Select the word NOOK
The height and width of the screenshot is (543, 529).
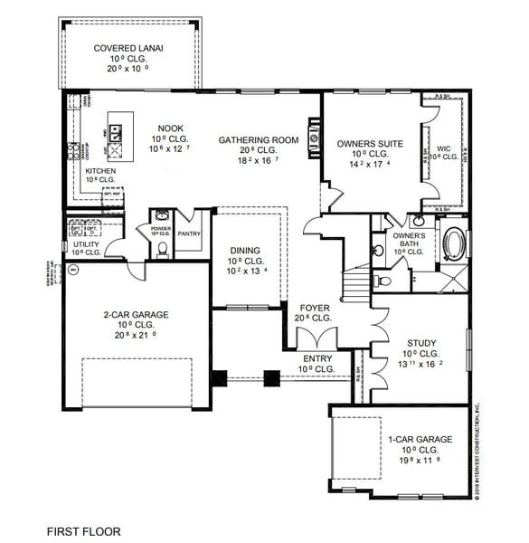click(171, 129)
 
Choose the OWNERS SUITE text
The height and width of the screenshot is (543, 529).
click(369, 143)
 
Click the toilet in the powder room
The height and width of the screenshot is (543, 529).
click(163, 248)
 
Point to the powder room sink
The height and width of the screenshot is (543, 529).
click(161, 216)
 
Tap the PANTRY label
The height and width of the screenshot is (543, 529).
click(189, 233)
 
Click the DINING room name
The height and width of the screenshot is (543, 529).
click(244, 251)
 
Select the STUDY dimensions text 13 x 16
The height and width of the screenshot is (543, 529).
click(421, 364)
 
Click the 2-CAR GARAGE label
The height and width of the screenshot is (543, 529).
click(137, 314)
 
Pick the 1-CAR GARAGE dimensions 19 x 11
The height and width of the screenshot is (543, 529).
click(420, 460)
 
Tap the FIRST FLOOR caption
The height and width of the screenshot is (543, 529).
click(83, 531)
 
